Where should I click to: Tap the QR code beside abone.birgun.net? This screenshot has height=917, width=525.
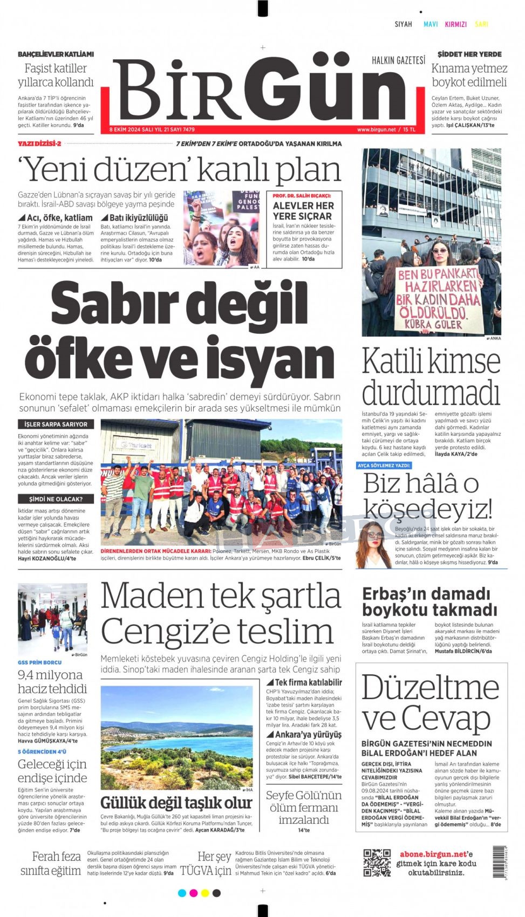point(377,863)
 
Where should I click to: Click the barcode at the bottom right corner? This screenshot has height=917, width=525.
point(499,862)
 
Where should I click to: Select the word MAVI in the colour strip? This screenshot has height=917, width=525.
point(431,24)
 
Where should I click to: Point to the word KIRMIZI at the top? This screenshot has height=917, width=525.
point(455,24)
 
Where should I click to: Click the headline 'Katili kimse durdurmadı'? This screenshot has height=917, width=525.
point(431,377)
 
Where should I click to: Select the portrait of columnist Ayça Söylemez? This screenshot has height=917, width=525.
point(373,544)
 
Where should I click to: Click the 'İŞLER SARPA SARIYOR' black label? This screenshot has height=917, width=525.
point(56,425)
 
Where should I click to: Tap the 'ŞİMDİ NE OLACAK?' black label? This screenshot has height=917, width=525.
point(56,499)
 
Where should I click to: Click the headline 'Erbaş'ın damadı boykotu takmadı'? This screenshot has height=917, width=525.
point(429,602)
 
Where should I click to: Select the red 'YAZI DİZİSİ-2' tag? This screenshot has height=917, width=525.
point(40,143)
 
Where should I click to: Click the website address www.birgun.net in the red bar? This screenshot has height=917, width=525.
point(376,129)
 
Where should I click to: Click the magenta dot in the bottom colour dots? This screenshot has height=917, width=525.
point(193,893)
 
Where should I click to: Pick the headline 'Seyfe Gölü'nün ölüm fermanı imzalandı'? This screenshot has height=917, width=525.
point(303,807)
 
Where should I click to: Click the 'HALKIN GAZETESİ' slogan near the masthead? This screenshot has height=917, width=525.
point(398,60)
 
